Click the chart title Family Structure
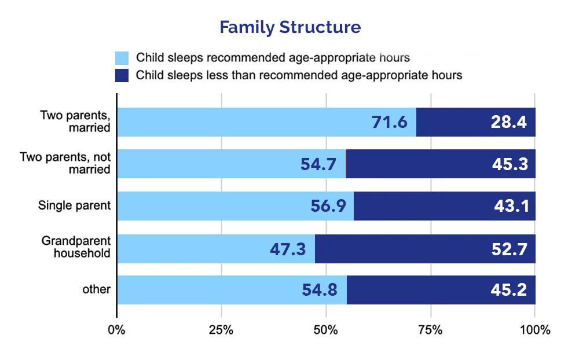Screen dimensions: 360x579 290,27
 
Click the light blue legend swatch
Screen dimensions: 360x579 122,58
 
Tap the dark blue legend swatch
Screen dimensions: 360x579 122,75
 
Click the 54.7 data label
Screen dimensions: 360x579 318,164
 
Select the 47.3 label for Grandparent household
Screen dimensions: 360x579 288,249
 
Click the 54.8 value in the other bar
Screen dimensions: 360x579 320,290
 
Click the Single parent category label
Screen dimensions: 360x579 74,205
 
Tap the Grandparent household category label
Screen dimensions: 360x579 76,247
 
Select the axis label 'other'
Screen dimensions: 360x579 96,289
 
